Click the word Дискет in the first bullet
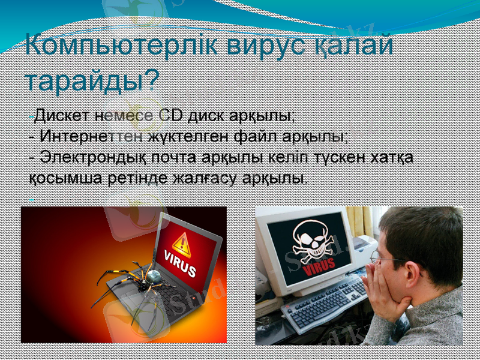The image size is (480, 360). coord(58,114)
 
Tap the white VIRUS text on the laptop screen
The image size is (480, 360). coord(180,266)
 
